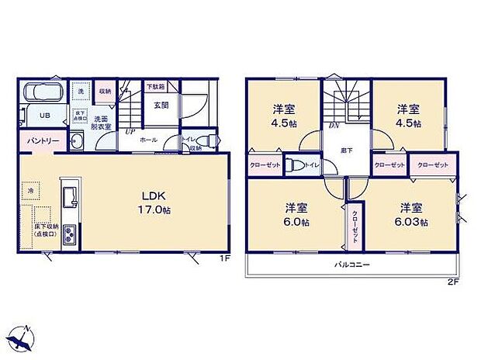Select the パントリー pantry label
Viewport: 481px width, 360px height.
(35, 141)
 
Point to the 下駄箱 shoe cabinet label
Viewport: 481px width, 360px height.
(157, 87)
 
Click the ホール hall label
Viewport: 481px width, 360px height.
(149, 140)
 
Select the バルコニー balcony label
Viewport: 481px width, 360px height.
(351, 265)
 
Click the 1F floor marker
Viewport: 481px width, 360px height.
(224, 258)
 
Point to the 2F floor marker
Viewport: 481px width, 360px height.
(453, 282)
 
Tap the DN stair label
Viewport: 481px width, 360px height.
(334, 125)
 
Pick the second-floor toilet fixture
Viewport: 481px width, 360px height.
(294, 165)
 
